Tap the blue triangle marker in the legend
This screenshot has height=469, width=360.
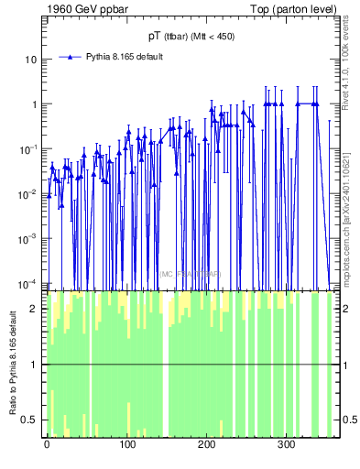(70, 57)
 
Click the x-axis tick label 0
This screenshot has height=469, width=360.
(47, 444)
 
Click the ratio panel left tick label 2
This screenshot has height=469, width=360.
(38, 309)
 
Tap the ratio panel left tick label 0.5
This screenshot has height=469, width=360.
(34, 420)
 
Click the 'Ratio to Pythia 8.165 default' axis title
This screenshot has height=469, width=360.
(12, 365)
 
